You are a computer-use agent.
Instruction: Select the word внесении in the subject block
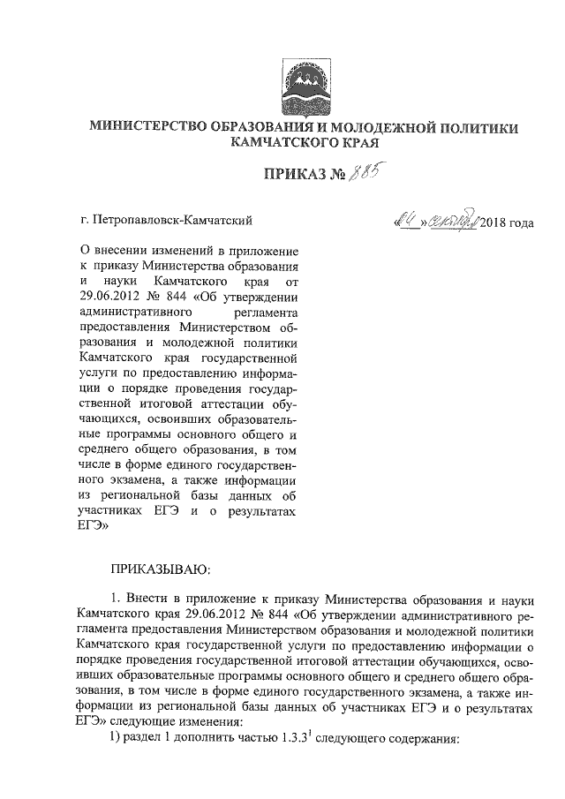[125, 253]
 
